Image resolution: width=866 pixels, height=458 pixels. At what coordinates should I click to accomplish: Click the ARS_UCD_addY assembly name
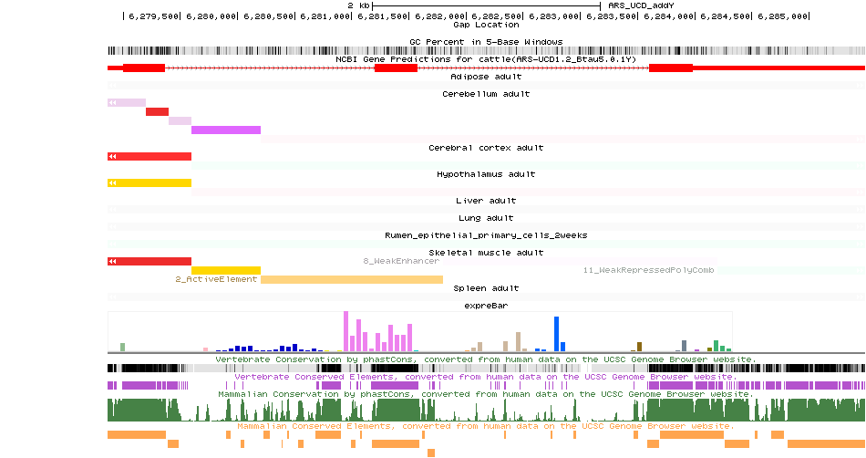click(x=641, y=5)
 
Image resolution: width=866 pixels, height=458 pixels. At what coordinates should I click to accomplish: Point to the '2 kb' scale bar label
click(x=358, y=5)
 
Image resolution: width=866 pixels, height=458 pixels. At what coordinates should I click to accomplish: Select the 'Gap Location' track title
click(x=486, y=25)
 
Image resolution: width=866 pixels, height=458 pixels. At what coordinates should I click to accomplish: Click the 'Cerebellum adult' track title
click(x=486, y=94)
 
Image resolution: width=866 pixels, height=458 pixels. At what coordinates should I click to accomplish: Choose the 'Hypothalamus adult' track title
click(x=486, y=173)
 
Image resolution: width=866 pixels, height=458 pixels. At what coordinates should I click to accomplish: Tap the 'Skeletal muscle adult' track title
click(x=486, y=253)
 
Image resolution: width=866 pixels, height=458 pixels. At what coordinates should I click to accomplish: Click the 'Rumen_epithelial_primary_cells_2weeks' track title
click(x=486, y=235)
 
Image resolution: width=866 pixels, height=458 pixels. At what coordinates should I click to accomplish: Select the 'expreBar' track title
click(x=486, y=306)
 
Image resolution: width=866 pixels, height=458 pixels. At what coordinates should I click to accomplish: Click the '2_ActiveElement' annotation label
click(x=216, y=279)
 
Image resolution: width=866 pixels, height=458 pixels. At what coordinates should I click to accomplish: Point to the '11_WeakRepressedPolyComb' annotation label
click(x=649, y=270)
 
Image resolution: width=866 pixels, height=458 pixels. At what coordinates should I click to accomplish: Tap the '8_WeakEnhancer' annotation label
click(x=401, y=261)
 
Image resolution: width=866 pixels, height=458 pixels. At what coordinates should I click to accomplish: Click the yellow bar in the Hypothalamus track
click(x=149, y=183)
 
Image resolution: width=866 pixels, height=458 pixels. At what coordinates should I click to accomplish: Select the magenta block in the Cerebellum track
click(x=226, y=130)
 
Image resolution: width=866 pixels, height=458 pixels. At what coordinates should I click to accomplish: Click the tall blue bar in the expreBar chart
click(x=556, y=334)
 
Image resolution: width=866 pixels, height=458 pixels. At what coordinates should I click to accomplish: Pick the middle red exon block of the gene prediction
click(x=396, y=68)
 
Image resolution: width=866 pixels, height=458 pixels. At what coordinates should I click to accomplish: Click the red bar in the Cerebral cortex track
click(x=149, y=157)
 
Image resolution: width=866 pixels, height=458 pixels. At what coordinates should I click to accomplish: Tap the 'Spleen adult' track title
click(x=486, y=288)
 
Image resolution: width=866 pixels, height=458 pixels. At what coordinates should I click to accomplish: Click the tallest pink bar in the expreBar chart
click(x=345, y=331)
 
